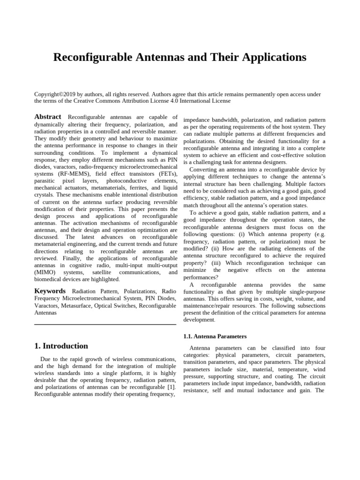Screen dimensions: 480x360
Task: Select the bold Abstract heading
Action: click(x=48, y=117)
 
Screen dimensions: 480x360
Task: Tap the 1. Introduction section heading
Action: click(x=61, y=346)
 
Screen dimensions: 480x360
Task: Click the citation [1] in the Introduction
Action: click(x=172, y=387)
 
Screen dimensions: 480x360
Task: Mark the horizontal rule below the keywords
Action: click(x=105, y=324)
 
